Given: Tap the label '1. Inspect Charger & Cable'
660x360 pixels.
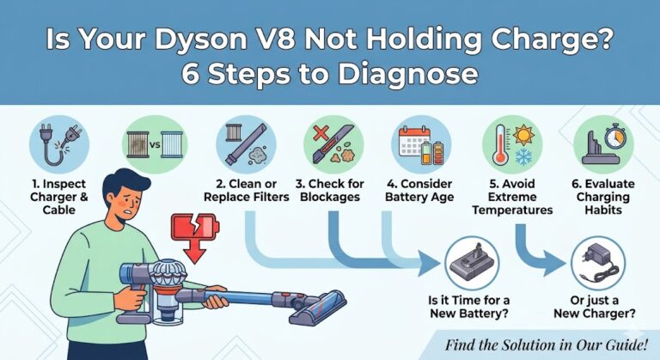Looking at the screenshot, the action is point(59,197).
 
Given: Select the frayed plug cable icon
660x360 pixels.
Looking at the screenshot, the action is point(59,144).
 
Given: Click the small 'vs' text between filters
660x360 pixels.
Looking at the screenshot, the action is point(155,145).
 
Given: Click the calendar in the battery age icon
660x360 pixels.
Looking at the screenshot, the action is point(413,140).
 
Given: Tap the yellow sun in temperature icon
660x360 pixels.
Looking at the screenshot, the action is point(523,135).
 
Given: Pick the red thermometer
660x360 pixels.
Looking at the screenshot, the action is point(500,144).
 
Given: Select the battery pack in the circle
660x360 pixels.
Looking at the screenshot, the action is point(473,263).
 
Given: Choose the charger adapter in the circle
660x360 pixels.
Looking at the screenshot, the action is point(597,262).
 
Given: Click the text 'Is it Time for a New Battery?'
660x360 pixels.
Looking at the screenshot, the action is point(468,307).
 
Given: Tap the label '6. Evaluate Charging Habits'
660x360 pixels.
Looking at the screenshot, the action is point(603,197).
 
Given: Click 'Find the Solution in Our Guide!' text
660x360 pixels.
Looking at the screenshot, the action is point(546,345).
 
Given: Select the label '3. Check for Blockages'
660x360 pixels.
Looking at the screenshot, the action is point(330,191).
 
